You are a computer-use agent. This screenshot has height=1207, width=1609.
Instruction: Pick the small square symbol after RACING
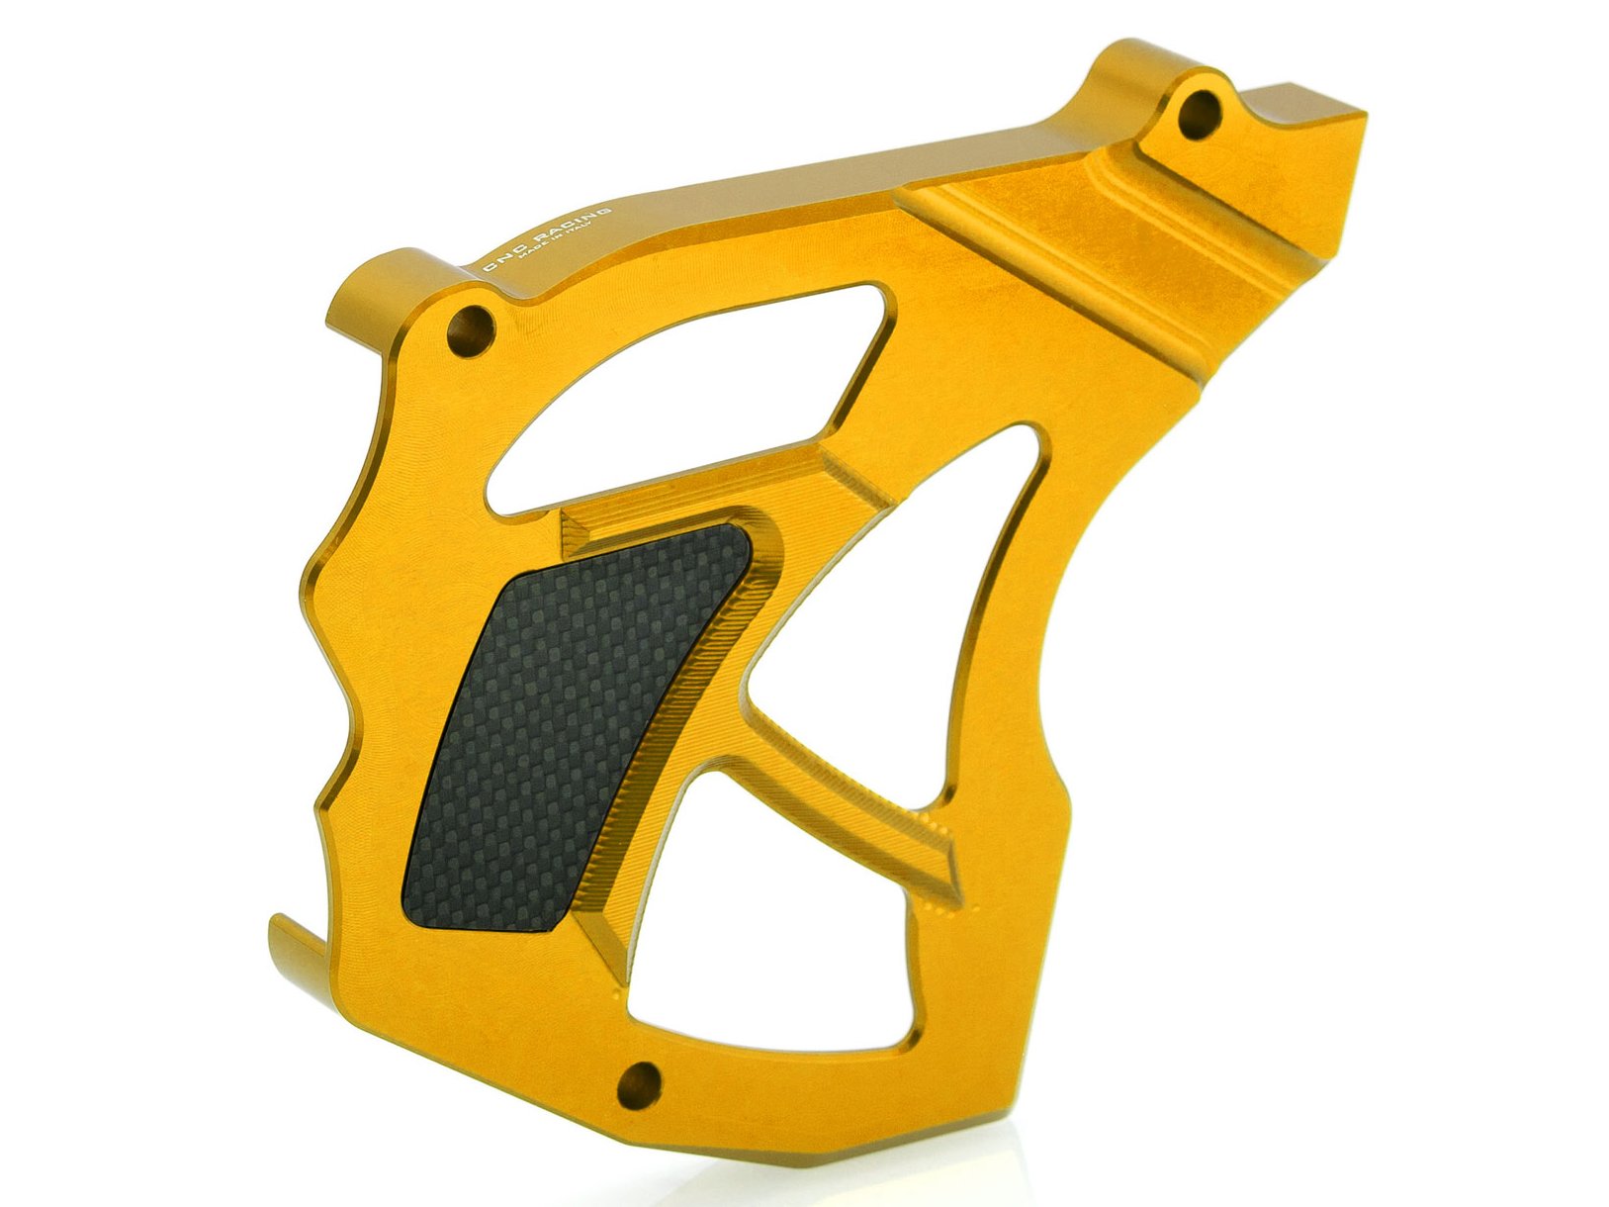[608, 210]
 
